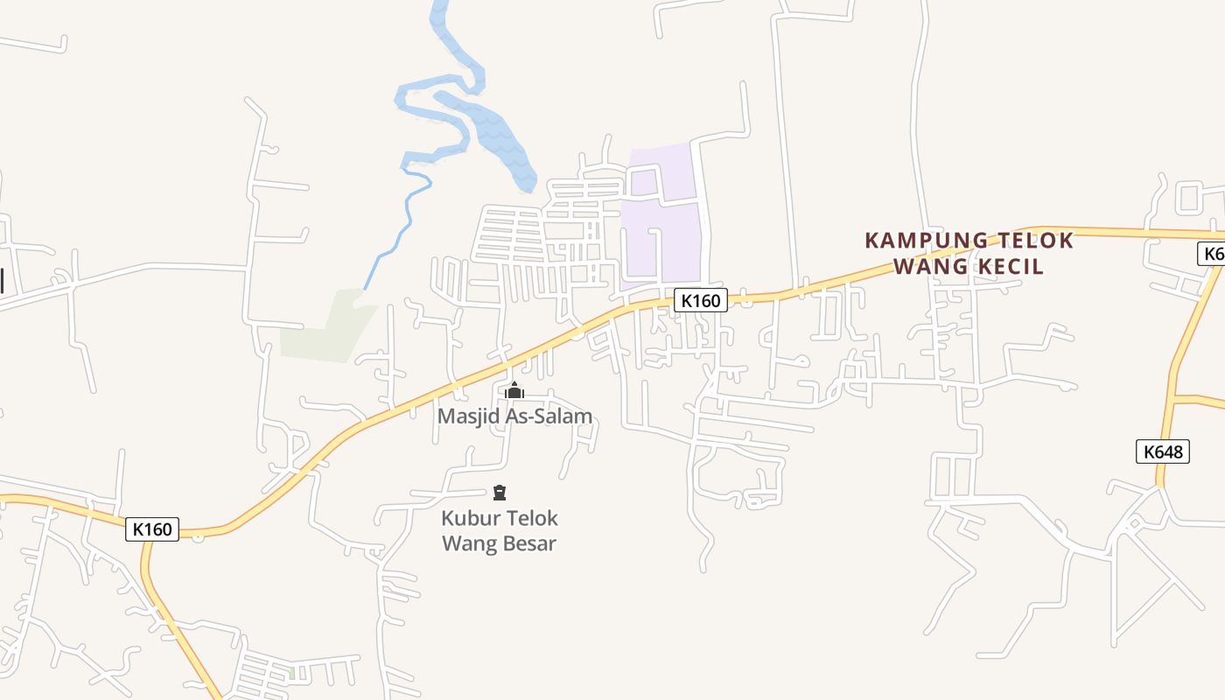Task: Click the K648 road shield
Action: click(x=1163, y=451)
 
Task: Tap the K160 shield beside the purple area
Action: click(x=700, y=301)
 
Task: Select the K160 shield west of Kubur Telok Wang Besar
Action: click(x=152, y=529)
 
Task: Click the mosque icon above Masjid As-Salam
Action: click(x=514, y=390)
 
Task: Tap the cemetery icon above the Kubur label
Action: click(x=500, y=493)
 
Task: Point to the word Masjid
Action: click(x=468, y=416)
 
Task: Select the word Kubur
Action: click(x=468, y=518)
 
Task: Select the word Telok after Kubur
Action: click(x=530, y=518)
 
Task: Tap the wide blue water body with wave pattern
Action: click(x=499, y=140)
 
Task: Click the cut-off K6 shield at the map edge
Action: click(x=1213, y=254)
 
